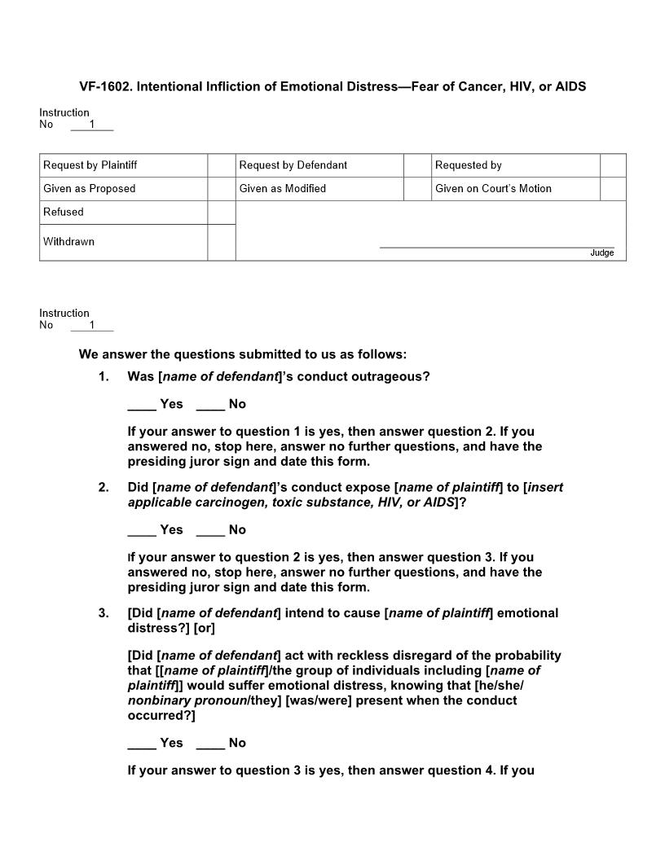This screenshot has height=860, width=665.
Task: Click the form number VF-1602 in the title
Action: (104, 86)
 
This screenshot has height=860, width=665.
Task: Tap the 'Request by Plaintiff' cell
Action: (90, 165)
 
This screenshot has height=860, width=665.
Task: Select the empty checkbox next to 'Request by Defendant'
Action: (416, 165)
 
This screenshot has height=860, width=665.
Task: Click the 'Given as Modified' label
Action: (282, 189)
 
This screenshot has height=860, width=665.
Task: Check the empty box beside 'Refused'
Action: (221, 213)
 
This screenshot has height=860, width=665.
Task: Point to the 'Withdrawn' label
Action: (68, 242)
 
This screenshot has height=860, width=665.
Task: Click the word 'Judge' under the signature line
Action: (601, 253)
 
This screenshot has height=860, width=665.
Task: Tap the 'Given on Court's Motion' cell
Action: (493, 189)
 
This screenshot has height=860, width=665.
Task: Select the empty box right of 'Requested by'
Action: (613, 165)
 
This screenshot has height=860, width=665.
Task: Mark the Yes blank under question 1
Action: (142, 405)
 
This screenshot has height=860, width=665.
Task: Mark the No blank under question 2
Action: (210, 530)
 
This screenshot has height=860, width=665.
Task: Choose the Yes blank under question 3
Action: (142, 744)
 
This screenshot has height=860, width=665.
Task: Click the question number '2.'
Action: (103, 488)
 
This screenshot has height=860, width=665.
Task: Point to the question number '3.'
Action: (103, 613)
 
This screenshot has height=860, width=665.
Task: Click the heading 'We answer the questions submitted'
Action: (242, 354)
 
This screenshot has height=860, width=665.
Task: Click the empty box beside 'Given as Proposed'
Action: (221, 189)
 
